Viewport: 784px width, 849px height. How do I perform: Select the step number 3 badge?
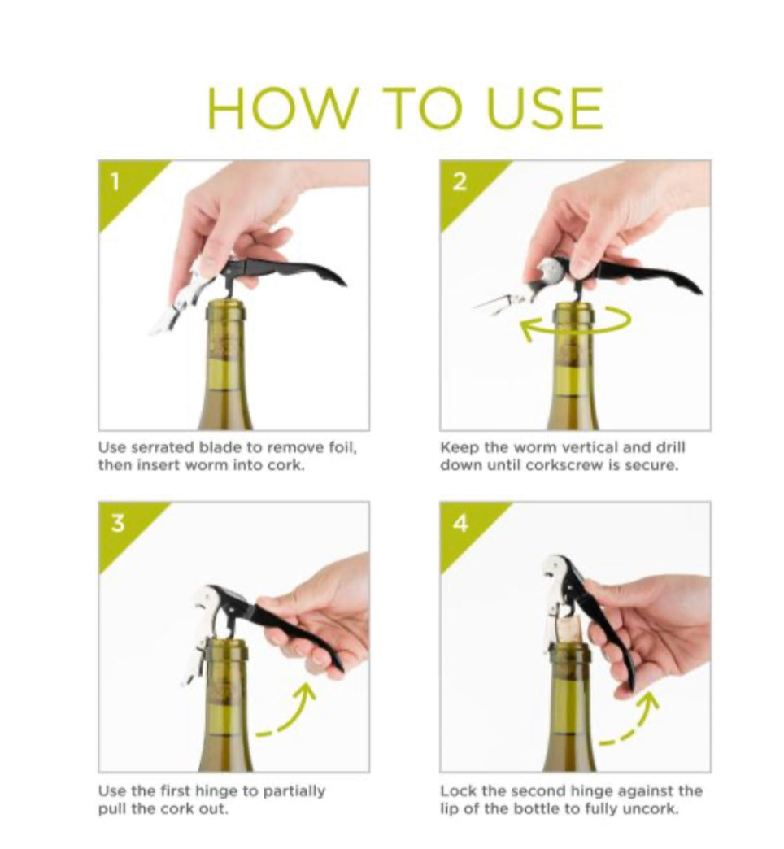(117, 524)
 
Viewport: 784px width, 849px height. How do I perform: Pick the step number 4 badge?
(460, 524)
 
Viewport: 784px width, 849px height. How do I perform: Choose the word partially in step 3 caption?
(294, 791)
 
